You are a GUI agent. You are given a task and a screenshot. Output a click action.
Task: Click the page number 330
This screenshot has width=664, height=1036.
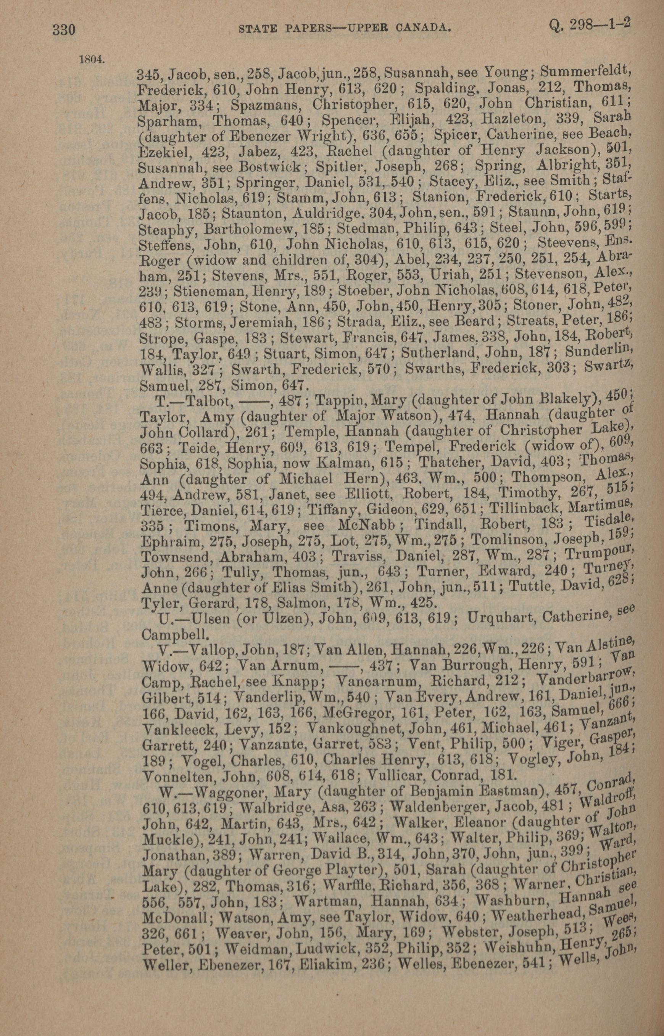point(64,30)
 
